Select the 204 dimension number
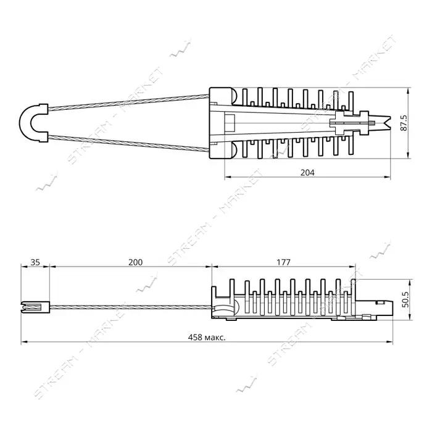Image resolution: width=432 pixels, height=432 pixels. tap(307, 173)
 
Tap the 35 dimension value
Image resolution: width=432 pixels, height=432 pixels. tap(35, 262)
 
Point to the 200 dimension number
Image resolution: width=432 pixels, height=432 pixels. tap(136, 262)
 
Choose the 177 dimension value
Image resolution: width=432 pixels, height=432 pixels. tap(283, 262)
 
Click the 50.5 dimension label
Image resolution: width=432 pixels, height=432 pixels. tap(405, 299)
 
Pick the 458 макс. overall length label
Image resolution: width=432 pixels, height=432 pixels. tap(207, 337)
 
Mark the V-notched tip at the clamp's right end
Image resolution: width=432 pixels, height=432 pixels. tap(386, 123)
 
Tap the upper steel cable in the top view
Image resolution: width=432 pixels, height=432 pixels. tap(128, 102)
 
